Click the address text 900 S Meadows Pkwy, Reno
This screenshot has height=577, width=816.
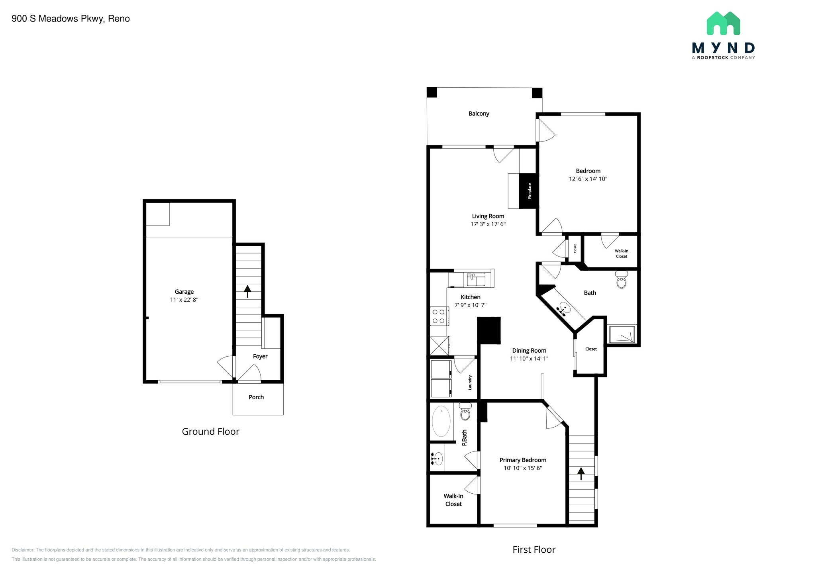point(71,19)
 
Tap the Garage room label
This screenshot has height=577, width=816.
point(184,292)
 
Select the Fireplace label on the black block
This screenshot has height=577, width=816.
point(530,190)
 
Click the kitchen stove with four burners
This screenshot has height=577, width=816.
point(439,316)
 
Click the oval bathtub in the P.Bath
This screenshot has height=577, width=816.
point(441,421)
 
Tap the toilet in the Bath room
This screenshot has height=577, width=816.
point(621,280)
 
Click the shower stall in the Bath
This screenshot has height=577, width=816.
point(622,334)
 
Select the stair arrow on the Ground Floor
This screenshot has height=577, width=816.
point(247,291)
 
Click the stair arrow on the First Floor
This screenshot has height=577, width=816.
point(581,473)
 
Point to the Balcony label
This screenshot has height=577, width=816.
point(479,114)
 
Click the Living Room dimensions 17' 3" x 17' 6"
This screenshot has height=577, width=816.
point(488,224)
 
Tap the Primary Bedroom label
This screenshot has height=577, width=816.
point(523,460)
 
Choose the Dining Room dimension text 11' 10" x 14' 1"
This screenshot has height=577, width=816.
point(529,359)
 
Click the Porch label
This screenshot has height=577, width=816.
point(256,397)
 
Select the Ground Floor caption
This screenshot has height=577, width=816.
point(210,432)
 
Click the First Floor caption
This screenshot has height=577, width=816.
point(534,550)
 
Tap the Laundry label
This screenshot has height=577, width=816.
point(470,383)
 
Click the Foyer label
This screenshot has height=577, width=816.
point(260,357)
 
